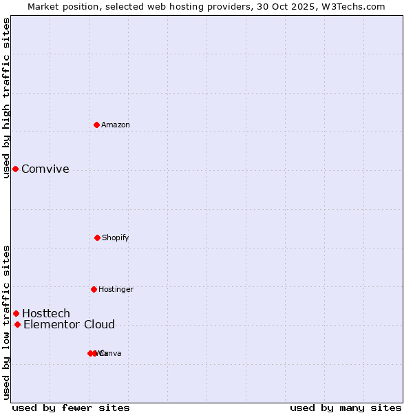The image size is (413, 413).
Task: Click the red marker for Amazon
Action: pyautogui.click(x=96, y=125)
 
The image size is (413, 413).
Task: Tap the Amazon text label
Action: pyautogui.click(x=116, y=125)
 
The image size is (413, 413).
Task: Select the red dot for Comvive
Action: pyautogui.click(x=15, y=169)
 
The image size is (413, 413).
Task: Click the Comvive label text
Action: pyautogui.click(x=45, y=169)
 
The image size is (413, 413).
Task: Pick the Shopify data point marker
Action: pyautogui.click(x=97, y=237)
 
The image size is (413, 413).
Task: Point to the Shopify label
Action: pyautogui.click(x=116, y=237)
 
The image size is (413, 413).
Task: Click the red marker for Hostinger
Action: pyautogui.click(x=94, y=289)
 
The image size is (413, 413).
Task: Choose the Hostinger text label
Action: pyautogui.click(x=116, y=289)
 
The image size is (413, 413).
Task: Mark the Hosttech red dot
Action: pyautogui.click(x=16, y=313)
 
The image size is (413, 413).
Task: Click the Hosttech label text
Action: pyautogui.click(x=46, y=314)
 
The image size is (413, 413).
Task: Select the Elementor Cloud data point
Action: pyautogui.click(x=17, y=324)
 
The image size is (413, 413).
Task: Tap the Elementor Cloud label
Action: pyautogui.click(x=69, y=325)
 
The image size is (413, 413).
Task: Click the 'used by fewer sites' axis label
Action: pyautogui.click(x=71, y=407)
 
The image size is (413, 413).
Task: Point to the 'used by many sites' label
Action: pyautogui.click(x=346, y=407)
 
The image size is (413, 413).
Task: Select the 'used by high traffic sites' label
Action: pyautogui.click(x=6, y=98)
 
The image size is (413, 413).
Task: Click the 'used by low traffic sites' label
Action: pyautogui.click(x=6, y=322)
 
